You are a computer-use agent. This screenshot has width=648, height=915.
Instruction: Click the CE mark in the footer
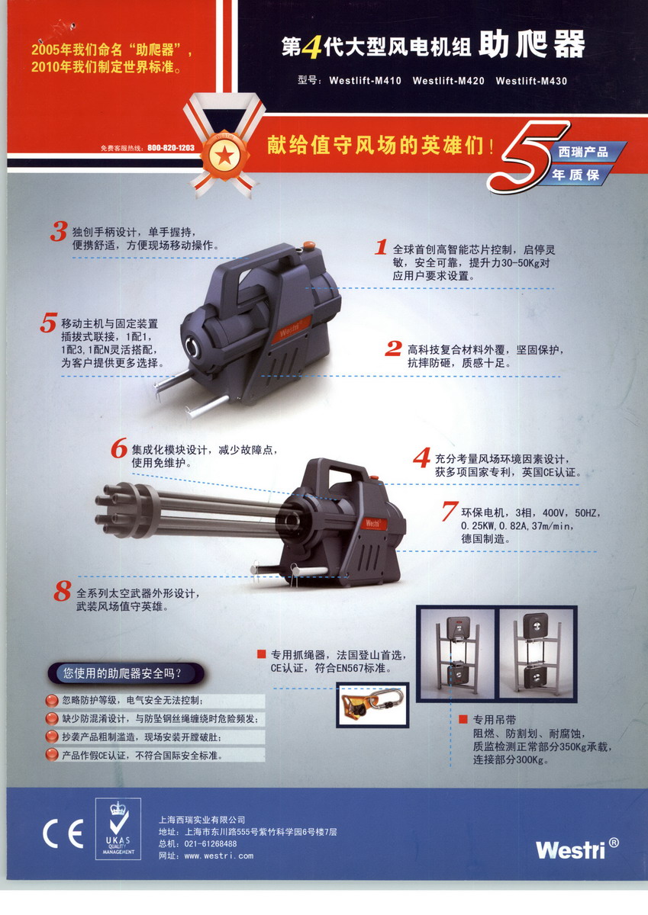click(63, 833)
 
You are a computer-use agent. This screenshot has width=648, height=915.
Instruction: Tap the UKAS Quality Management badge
click(118, 828)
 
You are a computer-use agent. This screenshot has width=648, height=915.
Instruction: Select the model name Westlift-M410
click(365, 81)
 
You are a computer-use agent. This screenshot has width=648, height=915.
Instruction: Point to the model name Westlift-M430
click(531, 81)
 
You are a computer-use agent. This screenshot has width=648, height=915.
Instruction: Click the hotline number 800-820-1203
click(171, 147)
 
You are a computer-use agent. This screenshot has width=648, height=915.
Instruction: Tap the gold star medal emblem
click(224, 156)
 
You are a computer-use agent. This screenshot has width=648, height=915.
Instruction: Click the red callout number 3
click(59, 232)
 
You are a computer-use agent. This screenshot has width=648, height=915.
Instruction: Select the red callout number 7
click(450, 511)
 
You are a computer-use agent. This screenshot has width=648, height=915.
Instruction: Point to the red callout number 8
click(63, 591)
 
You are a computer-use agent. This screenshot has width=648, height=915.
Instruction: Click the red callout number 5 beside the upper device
click(48, 323)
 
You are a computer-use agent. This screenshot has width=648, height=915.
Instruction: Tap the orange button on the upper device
click(308, 245)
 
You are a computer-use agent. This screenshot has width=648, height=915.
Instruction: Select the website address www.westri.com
click(219, 856)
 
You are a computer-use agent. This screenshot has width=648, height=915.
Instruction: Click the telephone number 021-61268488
click(211, 844)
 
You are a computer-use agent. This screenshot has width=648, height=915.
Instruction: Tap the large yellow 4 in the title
click(311, 47)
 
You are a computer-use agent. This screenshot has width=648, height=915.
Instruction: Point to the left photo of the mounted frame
click(456, 653)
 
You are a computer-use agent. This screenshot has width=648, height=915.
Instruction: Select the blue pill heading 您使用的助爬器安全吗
click(126, 673)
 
